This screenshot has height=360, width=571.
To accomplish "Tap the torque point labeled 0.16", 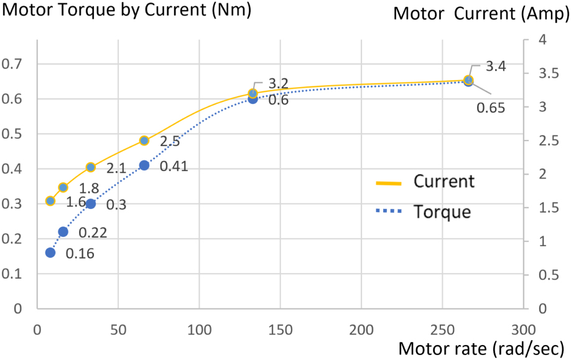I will click(x=50, y=252).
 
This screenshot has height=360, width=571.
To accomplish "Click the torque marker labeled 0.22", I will click(x=63, y=232).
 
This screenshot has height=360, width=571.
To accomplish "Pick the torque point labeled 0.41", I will click(x=144, y=165).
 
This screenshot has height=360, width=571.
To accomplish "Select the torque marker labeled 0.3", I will click(x=90, y=204).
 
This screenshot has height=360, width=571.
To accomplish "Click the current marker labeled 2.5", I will click(x=144, y=141).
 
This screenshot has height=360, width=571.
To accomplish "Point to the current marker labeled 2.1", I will click(x=90, y=167).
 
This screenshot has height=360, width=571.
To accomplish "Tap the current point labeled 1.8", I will click(x=63, y=187).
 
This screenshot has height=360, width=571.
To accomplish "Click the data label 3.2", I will click(x=277, y=83).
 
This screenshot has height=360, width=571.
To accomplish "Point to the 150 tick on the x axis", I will click(x=280, y=328).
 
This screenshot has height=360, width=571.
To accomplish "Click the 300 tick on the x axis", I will click(x=524, y=328).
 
